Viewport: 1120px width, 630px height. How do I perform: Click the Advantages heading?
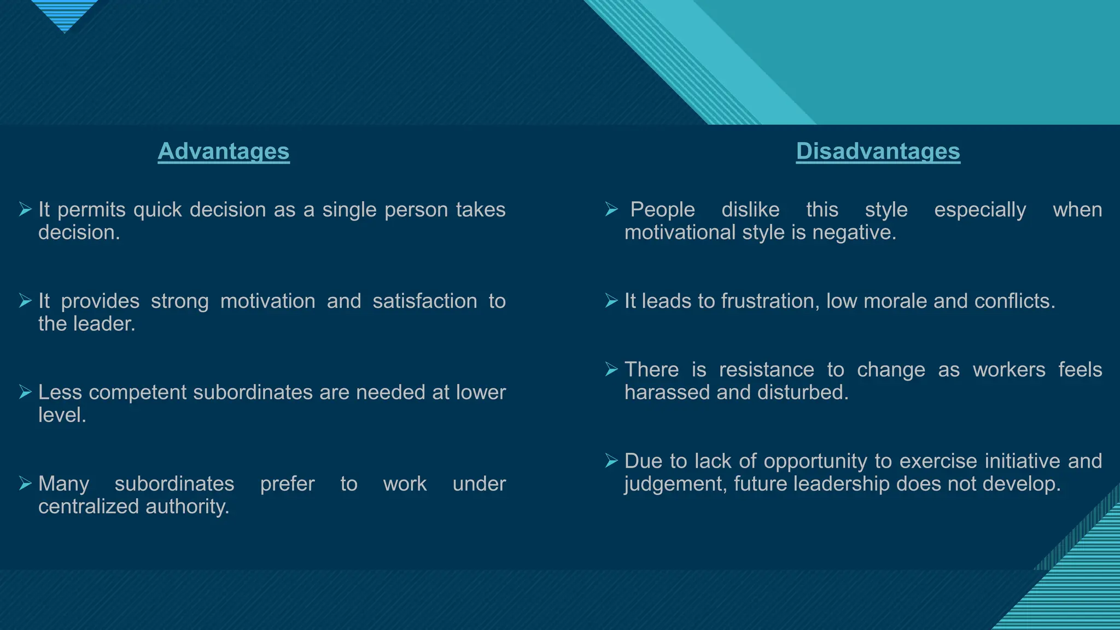coord(224,151)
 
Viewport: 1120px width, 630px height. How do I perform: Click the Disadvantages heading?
coord(878,151)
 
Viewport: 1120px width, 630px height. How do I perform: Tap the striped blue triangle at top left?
coord(65,14)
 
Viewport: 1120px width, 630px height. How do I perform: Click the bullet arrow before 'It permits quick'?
coord(25,209)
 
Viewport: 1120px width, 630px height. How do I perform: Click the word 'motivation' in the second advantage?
coord(267,301)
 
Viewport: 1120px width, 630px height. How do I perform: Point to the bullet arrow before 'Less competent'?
coord(25,392)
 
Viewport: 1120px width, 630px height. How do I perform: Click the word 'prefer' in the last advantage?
coord(287,484)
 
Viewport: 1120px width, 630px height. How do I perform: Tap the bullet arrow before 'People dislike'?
coord(611,209)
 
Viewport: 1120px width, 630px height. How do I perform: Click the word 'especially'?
coord(979,210)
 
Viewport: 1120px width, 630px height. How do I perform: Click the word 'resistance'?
coord(766,370)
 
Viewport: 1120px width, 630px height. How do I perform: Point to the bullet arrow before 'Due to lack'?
coord(611,460)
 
